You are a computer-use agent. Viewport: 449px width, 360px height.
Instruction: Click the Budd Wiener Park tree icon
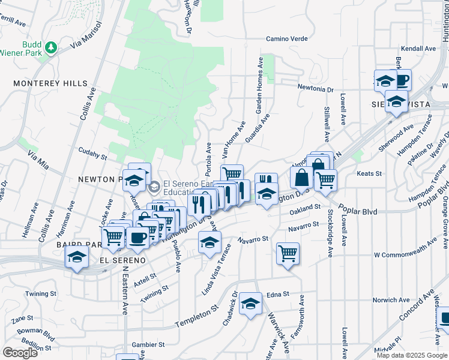[x=51, y=47]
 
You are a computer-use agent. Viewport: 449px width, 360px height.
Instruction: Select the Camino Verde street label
[x=287, y=39]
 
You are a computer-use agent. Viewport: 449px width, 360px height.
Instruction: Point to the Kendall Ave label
[x=418, y=49]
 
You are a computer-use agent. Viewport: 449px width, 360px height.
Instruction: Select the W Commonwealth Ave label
[x=405, y=254]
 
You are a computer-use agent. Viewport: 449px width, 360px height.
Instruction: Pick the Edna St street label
[x=278, y=295]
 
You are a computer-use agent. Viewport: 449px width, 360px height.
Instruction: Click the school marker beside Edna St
[x=251, y=304]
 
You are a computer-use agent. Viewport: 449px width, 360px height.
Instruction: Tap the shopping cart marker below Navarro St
[x=288, y=253]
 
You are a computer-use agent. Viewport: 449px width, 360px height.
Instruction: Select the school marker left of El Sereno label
[x=77, y=258]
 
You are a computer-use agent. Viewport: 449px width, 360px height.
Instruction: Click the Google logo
[x=20, y=353]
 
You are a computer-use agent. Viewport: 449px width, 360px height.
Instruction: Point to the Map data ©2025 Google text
[x=411, y=355]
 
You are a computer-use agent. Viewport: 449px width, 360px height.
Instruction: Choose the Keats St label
[x=369, y=173]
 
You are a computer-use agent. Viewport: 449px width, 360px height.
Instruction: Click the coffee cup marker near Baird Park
[x=137, y=238]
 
